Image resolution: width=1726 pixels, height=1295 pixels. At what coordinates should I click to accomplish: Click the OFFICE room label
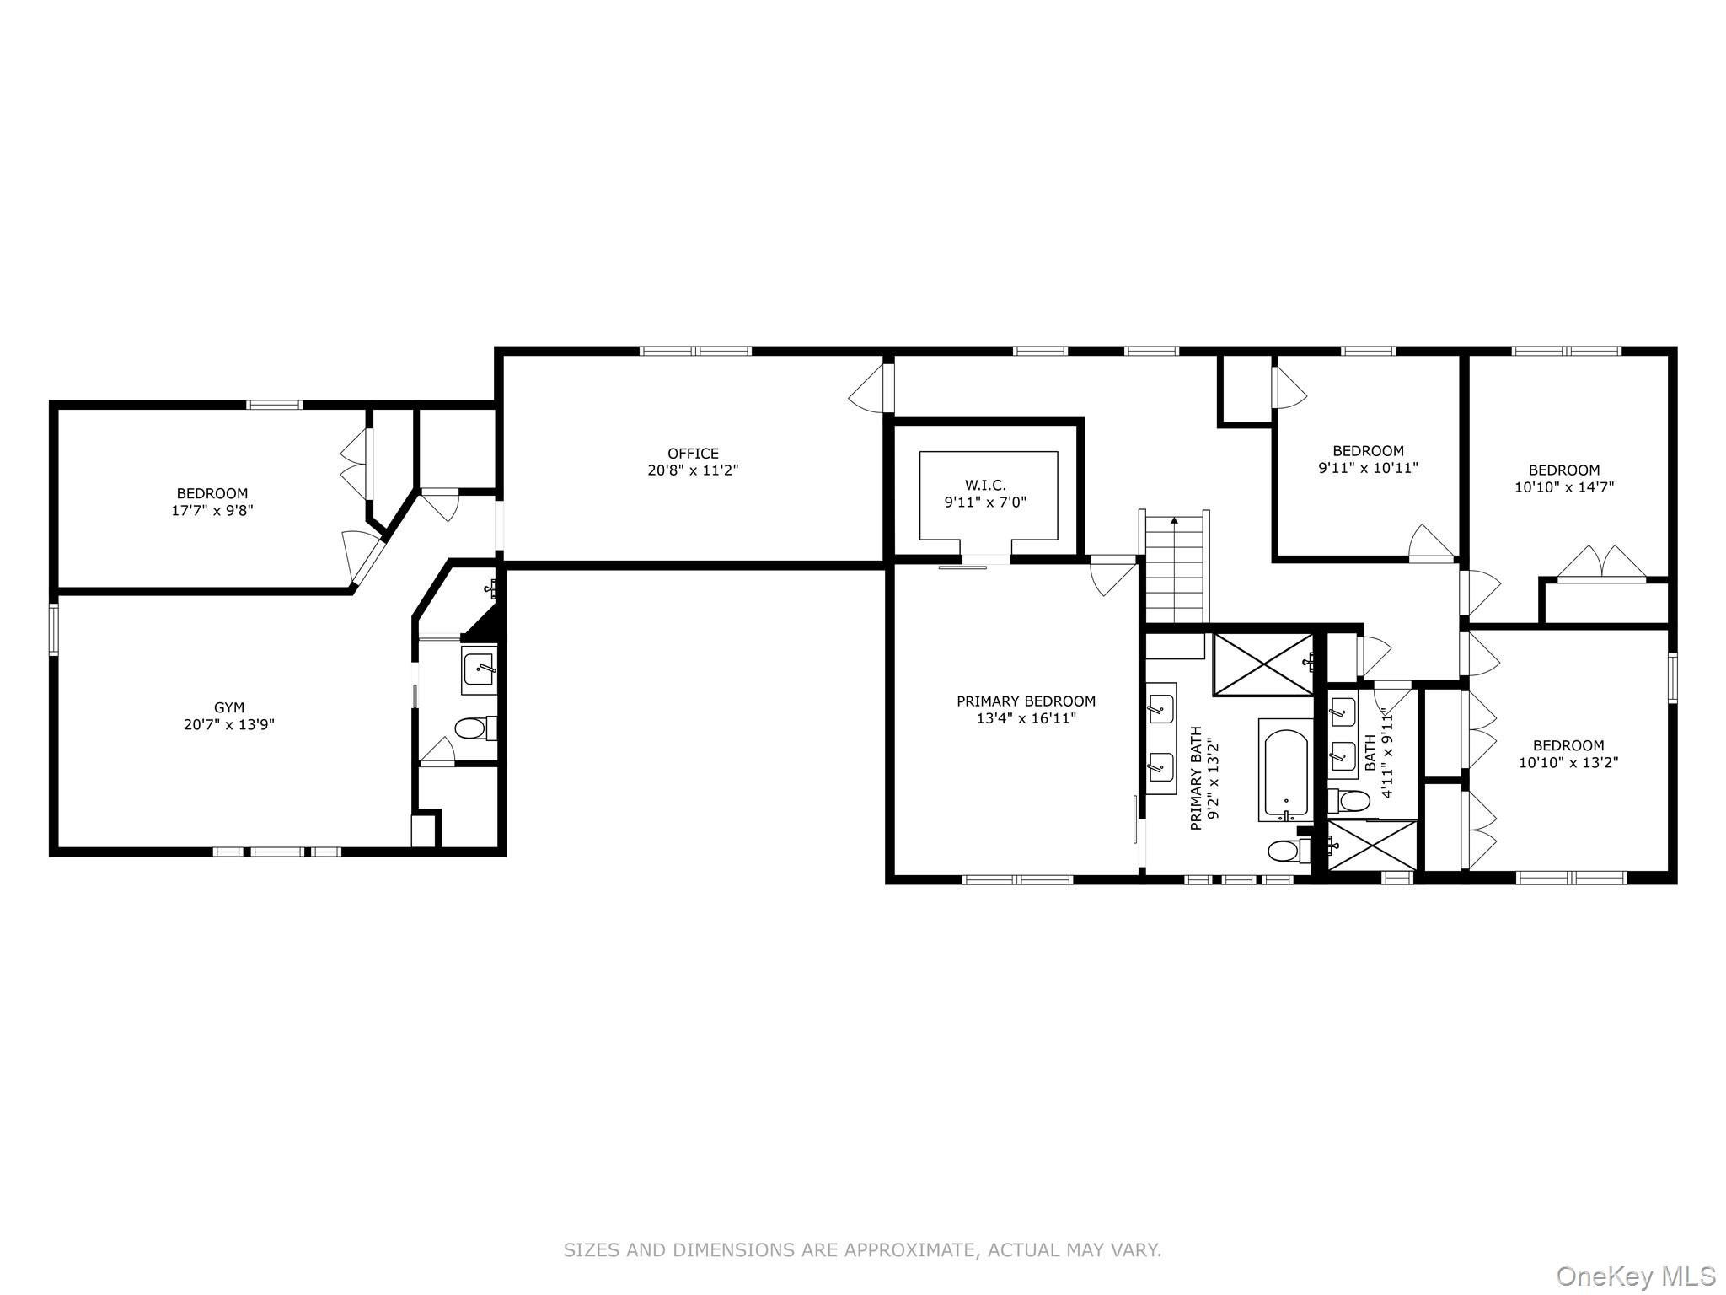pyautogui.click(x=693, y=454)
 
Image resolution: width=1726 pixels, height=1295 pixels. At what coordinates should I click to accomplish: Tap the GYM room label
pyautogui.click(x=228, y=708)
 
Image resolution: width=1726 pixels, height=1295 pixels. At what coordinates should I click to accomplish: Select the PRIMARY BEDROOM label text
pyautogui.click(x=1026, y=701)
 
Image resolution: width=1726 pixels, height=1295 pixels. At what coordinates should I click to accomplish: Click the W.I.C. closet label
pyautogui.click(x=985, y=486)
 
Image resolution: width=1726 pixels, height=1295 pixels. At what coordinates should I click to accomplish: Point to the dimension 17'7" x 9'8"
pyautogui.click(x=212, y=510)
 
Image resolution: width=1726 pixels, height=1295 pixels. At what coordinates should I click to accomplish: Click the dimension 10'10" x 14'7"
pyautogui.click(x=1564, y=486)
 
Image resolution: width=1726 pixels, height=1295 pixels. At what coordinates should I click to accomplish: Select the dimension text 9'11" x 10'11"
pyautogui.click(x=1368, y=467)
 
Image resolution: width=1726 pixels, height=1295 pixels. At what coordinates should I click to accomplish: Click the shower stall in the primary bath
pyautogui.click(x=1262, y=664)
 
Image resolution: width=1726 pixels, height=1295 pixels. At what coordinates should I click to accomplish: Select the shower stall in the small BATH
pyautogui.click(x=1372, y=845)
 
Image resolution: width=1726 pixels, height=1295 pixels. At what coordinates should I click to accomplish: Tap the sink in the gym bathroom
pyautogui.click(x=480, y=670)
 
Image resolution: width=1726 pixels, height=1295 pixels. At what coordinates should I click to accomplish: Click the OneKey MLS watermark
pyautogui.click(x=1635, y=1276)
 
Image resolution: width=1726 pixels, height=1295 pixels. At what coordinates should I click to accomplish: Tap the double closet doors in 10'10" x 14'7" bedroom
pyautogui.click(x=1600, y=563)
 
